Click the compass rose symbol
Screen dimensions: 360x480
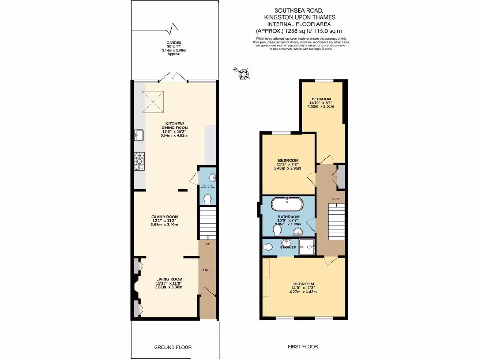(x=243, y=73)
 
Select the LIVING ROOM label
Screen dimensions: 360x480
(x=168, y=283)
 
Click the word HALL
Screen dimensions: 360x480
(x=207, y=270)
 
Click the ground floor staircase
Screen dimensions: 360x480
(x=207, y=224)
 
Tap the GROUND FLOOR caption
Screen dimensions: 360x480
(x=173, y=347)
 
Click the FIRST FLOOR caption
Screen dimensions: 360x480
(x=302, y=347)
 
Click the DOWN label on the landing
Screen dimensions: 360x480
(x=337, y=199)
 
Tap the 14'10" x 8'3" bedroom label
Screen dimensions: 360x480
(x=321, y=103)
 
